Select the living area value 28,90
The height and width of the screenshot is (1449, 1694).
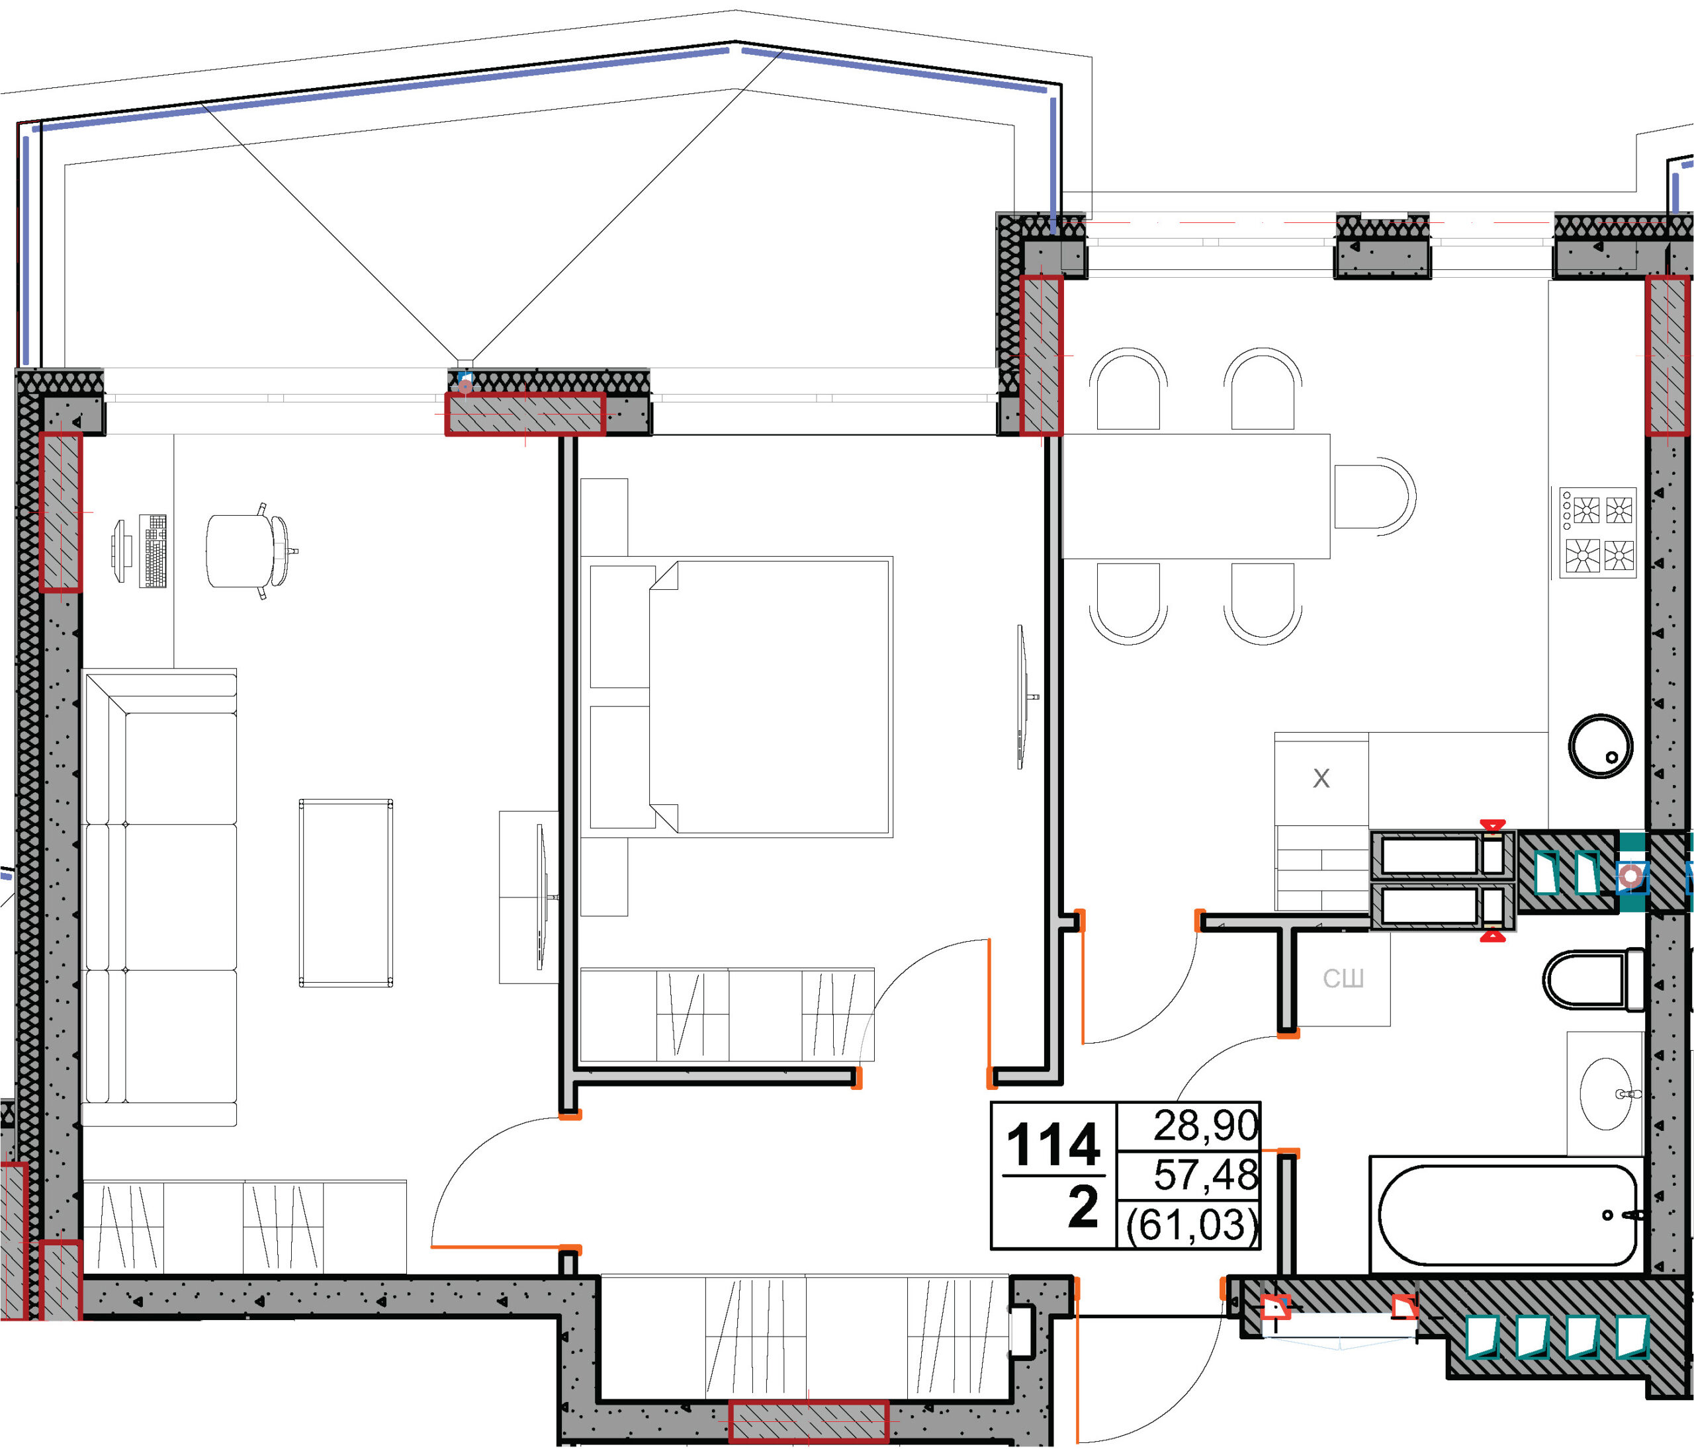[x=1206, y=1126]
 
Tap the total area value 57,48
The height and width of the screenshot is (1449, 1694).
[x=1206, y=1175]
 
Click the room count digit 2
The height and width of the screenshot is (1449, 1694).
[x=1083, y=1208]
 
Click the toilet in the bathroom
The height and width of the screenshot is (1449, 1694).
[x=1593, y=979]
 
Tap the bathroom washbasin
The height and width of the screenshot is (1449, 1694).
[x=1605, y=1093]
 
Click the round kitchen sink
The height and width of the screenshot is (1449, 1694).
[x=1600, y=746]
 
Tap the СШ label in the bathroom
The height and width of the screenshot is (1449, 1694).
[x=1343, y=978]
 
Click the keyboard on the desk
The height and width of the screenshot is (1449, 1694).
[x=154, y=551]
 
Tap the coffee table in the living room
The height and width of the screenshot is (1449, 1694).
[x=346, y=892]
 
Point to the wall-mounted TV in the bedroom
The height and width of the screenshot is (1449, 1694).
[x=1022, y=696]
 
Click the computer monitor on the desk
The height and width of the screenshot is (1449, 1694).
[x=119, y=551]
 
